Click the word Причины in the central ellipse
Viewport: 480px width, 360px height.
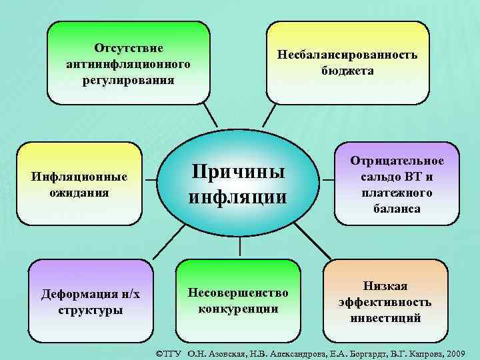tap(238, 172)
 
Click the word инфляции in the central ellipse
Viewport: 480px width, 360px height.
tap(238, 198)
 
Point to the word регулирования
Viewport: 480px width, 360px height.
tap(129, 80)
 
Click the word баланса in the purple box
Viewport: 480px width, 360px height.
tap(398, 209)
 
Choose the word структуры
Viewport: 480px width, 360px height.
tap(91, 311)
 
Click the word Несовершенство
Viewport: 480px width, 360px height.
tap(238, 293)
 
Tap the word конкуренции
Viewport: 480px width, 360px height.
tap(238, 309)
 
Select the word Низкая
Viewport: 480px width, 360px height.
tap(385, 286)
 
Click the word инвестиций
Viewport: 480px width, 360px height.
tap(385, 318)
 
